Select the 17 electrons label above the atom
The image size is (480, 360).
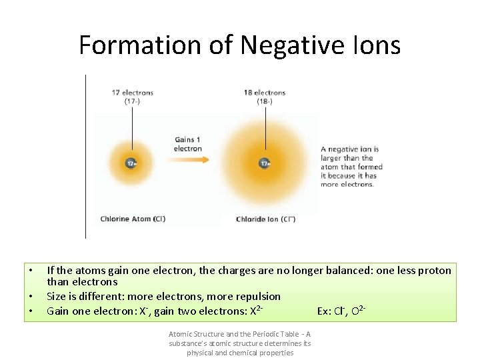pyautogui.click(x=132, y=93)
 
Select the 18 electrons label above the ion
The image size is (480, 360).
pyautogui.click(x=265, y=93)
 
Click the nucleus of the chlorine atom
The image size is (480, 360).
pyautogui.click(x=131, y=163)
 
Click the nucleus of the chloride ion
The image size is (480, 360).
pyautogui.click(x=265, y=163)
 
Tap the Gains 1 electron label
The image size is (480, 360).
pyautogui.click(x=188, y=144)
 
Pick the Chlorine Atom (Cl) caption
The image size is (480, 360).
pyautogui.click(x=133, y=219)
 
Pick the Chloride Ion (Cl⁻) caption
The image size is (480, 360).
pyautogui.click(x=265, y=219)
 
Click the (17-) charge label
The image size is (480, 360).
pyautogui.click(x=132, y=101)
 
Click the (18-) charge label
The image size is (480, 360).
pyautogui.click(x=265, y=101)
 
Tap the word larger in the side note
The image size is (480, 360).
pyautogui.click(x=332, y=158)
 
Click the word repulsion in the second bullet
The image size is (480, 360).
pyautogui.click(x=256, y=296)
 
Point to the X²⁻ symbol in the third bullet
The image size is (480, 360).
pyautogui.click(x=256, y=311)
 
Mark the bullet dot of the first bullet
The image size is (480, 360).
pyautogui.click(x=31, y=270)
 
